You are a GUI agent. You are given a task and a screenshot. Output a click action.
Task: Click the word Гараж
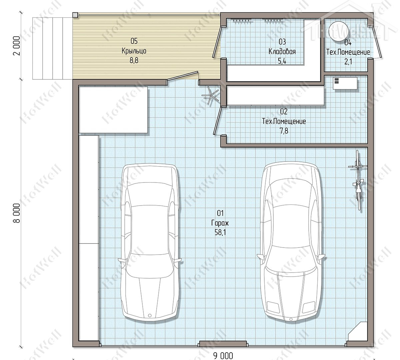click(x=220, y=223)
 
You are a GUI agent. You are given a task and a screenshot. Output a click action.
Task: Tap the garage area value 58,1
click(x=220, y=232)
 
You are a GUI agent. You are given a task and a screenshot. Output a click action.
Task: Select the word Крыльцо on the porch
click(x=134, y=51)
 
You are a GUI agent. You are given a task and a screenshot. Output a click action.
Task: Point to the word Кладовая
click(x=282, y=51)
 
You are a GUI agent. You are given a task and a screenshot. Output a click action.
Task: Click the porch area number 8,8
click(x=134, y=60)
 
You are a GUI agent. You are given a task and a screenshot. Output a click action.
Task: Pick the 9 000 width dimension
click(x=223, y=356)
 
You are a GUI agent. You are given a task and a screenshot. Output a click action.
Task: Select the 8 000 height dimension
click(x=17, y=213)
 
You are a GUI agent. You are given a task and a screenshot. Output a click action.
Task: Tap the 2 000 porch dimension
click(x=17, y=46)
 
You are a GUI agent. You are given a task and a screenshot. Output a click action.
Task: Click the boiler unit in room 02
click(x=345, y=83)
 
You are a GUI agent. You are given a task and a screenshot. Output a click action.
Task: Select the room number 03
click(x=282, y=42)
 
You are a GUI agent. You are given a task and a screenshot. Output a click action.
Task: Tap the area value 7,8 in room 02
click(x=284, y=131)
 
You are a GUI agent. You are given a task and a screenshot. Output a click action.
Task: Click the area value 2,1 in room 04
click(x=348, y=61)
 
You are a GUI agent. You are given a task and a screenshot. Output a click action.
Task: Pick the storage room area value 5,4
click(x=282, y=61)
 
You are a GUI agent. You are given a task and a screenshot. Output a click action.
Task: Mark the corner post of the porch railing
click(x=75, y=15)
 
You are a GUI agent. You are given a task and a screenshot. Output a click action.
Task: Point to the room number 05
click(x=134, y=41)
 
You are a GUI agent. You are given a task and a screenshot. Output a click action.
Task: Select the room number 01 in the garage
click(x=220, y=213)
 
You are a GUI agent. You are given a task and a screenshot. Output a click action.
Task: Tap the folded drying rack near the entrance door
click(x=211, y=95)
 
